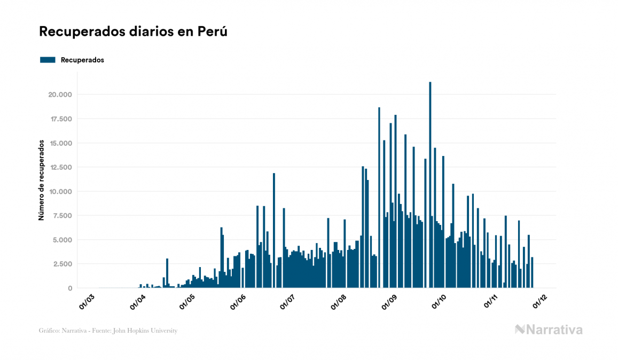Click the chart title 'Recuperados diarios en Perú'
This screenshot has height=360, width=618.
(134, 32)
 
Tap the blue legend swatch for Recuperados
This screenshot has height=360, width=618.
(48, 60)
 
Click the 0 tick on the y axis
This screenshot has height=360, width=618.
(70, 288)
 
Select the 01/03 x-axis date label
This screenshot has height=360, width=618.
(87, 302)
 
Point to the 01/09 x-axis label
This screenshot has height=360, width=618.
(390, 302)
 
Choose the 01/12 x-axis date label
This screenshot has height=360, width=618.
(539, 302)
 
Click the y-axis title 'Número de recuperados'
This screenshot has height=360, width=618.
(41, 181)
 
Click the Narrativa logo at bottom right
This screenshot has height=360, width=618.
(549, 330)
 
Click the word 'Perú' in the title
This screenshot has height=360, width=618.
(213, 32)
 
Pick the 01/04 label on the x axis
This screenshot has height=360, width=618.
(138, 302)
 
